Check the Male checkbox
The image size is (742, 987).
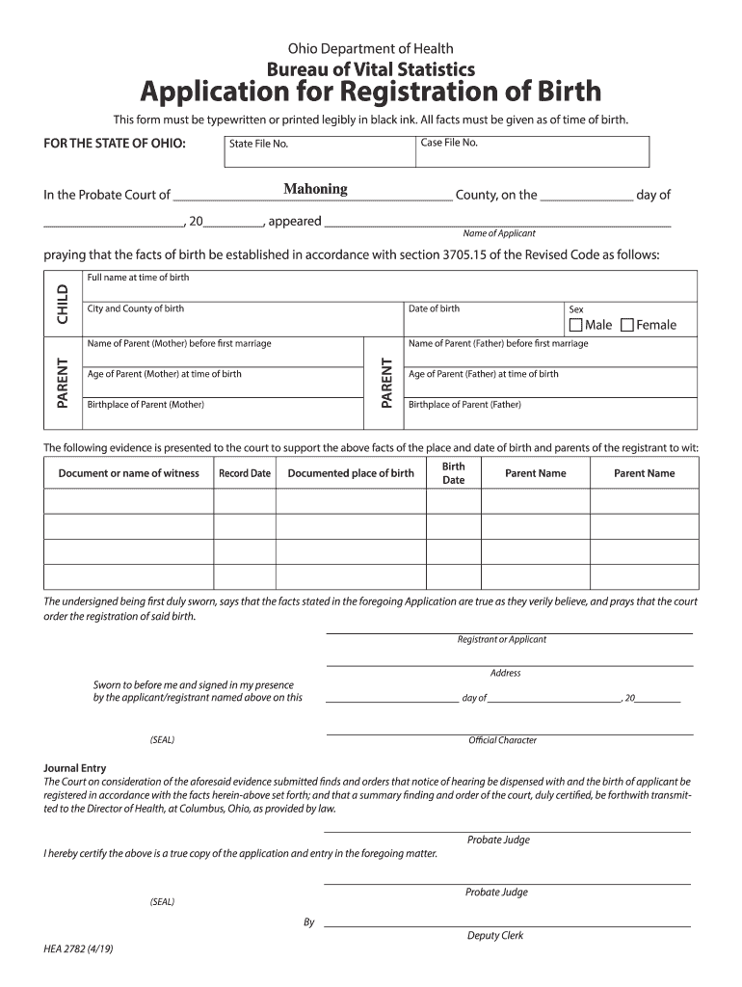pyautogui.click(x=576, y=325)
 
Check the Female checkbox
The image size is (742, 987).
pyautogui.click(x=627, y=325)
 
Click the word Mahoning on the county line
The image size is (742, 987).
pyautogui.click(x=315, y=189)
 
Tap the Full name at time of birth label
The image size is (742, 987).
pyautogui.click(x=138, y=278)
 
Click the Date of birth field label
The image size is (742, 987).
pyautogui.click(x=434, y=308)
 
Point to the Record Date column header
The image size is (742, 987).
pyautogui.click(x=245, y=473)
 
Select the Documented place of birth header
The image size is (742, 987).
pyautogui.click(x=351, y=473)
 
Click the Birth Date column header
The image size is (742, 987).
pyautogui.click(x=453, y=472)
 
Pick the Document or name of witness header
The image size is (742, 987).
pyautogui.click(x=129, y=473)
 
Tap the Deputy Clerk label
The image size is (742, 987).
pyautogui.click(x=495, y=935)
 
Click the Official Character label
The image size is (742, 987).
pyautogui.click(x=502, y=740)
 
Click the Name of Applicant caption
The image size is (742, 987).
pyautogui.click(x=499, y=233)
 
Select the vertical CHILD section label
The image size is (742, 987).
pyautogui.click(x=63, y=304)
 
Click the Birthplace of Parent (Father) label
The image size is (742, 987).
pyautogui.click(x=464, y=405)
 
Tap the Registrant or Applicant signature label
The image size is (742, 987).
pyautogui.click(x=501, y=639)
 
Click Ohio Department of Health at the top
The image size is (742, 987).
pyautogui.click(x=371, y=48)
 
